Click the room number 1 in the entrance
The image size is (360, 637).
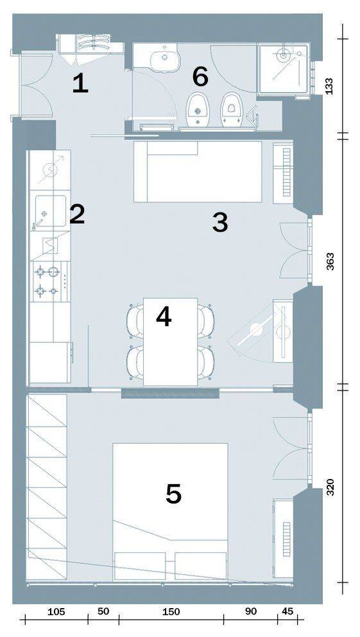(x=80, y=85)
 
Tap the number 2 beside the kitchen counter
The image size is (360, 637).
(x=77, y=214)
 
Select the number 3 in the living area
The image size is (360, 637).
(x=220, y=223)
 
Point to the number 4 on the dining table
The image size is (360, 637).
(x=164, y=317)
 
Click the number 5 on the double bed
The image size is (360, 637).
(x=174, y=494)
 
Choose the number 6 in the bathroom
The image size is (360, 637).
(x=200, y=77)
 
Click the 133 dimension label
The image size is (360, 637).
(x=330, y=86)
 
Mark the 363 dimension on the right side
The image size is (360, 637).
(x=330, y=262)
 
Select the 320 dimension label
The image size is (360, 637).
(x=330, y=487)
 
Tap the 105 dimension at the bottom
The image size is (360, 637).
(x=56, y=612)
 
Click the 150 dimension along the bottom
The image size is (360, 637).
(x=171, y=612)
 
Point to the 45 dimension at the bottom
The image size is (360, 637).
(x=287, y=612)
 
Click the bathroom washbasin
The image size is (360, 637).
(x=165, y=58)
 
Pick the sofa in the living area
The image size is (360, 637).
(x=198, y=171)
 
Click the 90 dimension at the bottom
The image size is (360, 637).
(x=251, y=612)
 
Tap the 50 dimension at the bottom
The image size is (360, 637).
(x=103, y=612)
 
